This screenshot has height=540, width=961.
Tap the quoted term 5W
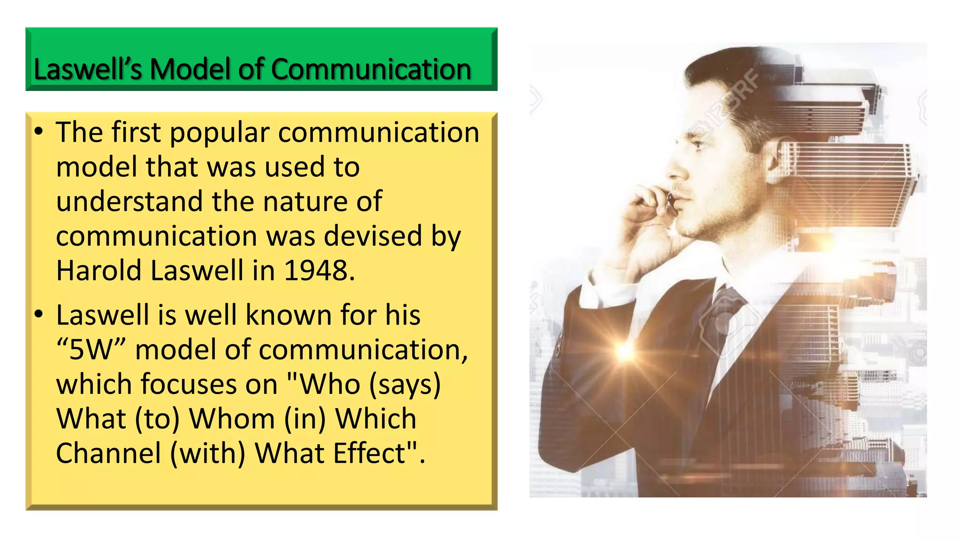tap(92, 350)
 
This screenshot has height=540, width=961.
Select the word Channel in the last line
tap(108, 453)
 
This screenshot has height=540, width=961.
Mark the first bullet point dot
tap(39, 132)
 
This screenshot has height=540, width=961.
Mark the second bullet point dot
tap(39, 314)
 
